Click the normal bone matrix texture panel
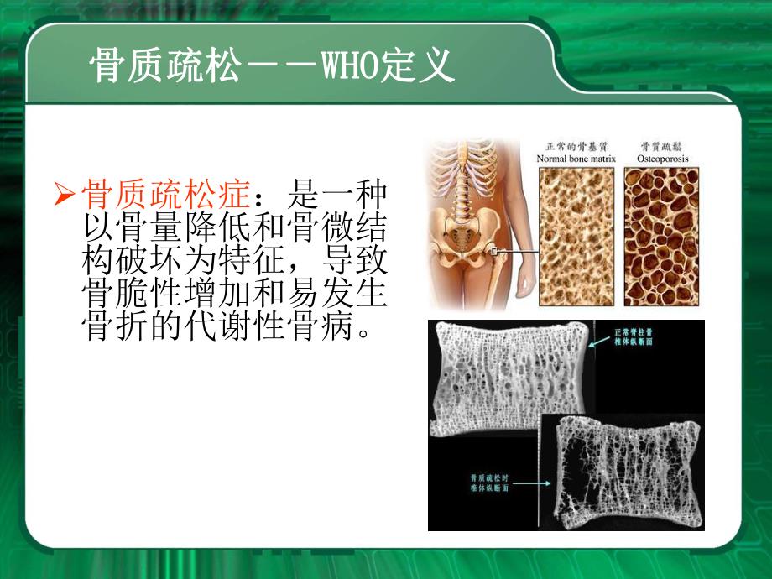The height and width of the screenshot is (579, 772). [x=576, y=235]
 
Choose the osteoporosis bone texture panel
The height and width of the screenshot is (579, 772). [x=661, y=235]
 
